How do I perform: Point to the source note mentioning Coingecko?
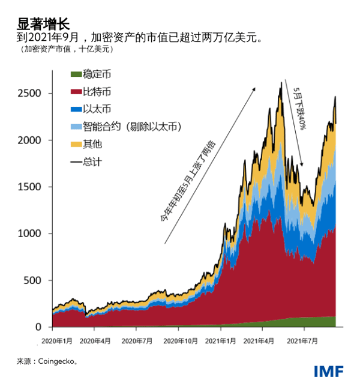coord(47,361)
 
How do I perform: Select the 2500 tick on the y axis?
coord(32,94)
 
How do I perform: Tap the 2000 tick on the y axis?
coord(32,140)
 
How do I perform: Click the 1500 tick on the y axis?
coord(32,187)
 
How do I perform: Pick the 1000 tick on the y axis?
coord(32,234)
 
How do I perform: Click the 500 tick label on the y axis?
coord(34,280)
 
